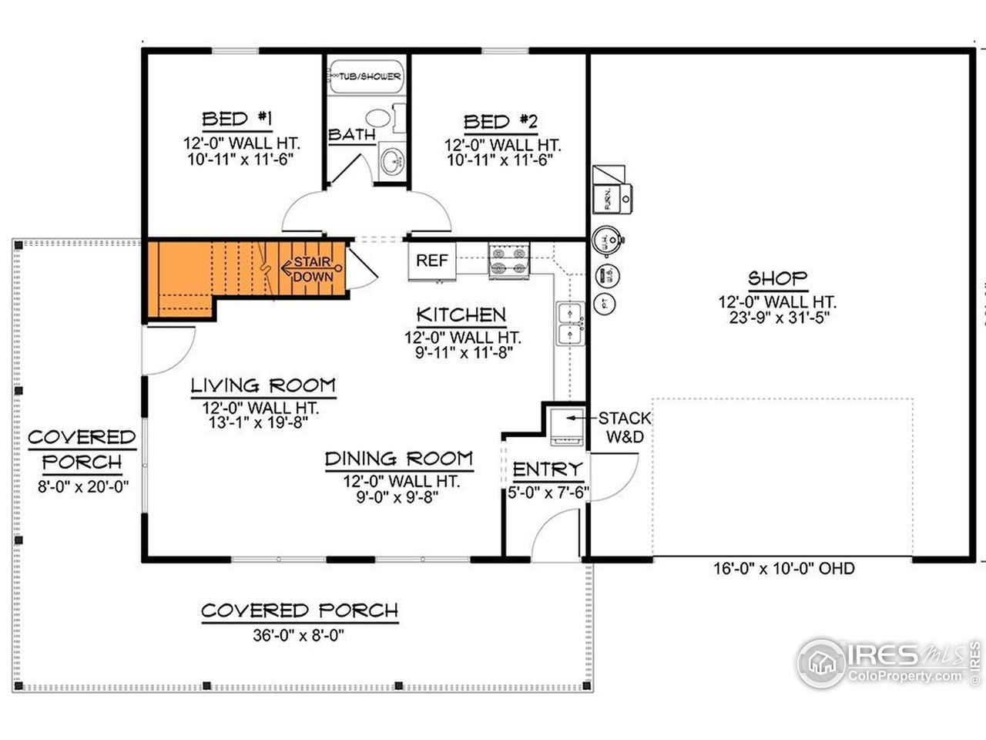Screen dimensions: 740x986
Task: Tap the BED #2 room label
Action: pos(501,122)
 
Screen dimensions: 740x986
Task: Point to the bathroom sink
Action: pos(393,160)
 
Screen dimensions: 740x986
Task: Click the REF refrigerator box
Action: pos(431,261)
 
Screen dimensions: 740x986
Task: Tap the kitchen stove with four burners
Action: pos(509,260)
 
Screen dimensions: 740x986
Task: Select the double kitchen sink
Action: pos(571,324)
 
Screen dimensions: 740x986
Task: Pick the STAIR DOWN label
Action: pos(314,269)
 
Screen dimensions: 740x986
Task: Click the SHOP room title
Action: pos(777,278)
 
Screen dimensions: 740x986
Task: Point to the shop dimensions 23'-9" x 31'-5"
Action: pos(777,318)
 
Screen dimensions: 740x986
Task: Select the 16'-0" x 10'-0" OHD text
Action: pos(783,569)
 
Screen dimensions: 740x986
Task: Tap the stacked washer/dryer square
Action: pos(565,426)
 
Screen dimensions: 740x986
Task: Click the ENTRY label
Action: pos(547,469)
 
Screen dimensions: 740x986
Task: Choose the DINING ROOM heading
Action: pos(398,459)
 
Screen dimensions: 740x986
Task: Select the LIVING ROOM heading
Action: pos(263,385)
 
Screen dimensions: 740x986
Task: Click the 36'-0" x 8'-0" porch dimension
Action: pos(299,637)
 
